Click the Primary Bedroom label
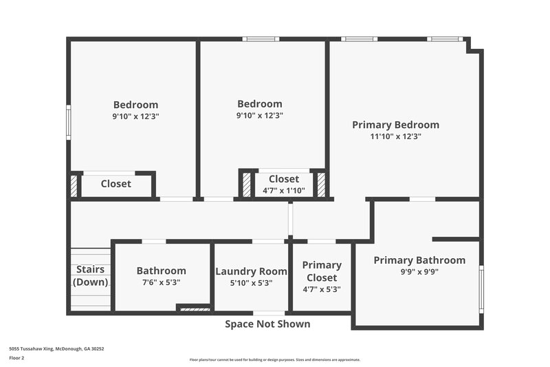[395, 125]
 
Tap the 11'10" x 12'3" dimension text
[395, 136]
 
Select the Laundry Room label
[251, 271]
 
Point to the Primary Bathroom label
[419, 260]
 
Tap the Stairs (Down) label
[91, 275]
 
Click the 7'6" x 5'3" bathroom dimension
[161, 282]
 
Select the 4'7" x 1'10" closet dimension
[283, 191]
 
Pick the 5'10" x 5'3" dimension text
[251, 282]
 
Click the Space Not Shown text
[267, 324]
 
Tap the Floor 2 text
[16, 358]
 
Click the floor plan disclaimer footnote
[274, 359]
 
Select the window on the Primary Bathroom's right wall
[481, 289]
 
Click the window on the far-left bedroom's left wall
[68, 123]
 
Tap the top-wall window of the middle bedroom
[261, 39]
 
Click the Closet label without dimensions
[115, 184]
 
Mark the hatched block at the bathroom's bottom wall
[195, 310]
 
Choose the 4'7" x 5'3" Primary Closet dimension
[322, 289]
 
